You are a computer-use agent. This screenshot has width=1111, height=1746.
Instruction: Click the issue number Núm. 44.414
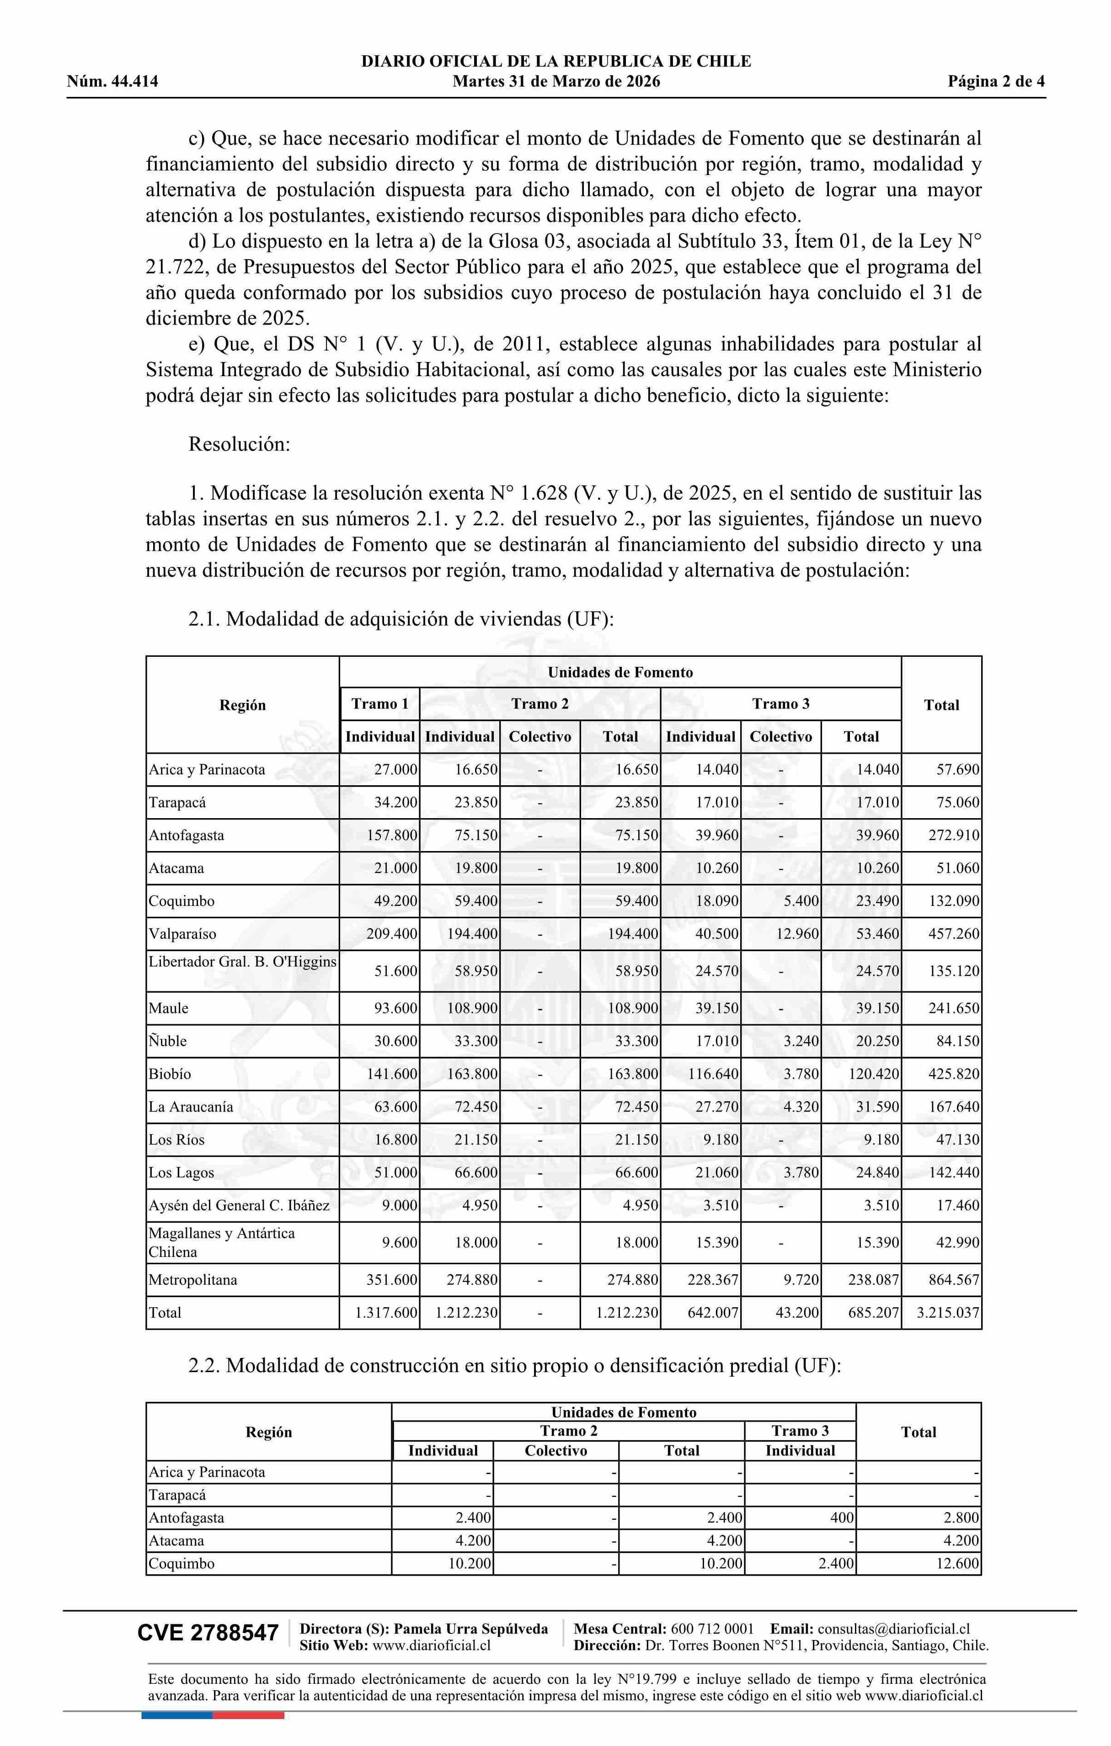(112, 81)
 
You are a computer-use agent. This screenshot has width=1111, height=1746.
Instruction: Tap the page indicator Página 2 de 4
(996, 81)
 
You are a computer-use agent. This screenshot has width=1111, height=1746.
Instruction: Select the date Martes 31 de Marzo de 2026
(556, 81)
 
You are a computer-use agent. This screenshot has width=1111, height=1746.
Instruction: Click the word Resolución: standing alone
(239, 444)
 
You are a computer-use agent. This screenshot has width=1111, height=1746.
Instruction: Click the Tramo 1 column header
(379, 703)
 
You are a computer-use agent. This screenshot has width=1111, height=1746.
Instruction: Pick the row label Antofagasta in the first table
(187, 836)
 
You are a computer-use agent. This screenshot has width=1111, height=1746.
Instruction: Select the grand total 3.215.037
(948, 1312)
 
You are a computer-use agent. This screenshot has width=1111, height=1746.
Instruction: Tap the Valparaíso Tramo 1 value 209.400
(392, 934)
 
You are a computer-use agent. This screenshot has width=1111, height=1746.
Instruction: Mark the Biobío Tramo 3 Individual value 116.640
(713, 1074)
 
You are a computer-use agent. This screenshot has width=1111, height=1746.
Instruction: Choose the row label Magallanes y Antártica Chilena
(221, 1242)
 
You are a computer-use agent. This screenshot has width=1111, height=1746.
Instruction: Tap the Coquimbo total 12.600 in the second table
(957, 1564)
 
